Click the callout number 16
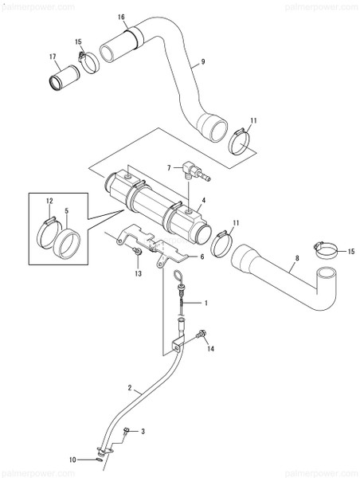pos(122,17)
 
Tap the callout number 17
pos(52,57)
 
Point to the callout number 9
pos(203,62)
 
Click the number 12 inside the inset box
pos(49,202)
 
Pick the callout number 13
pos(139,272)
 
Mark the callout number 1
pos(205,304)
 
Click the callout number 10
pos(72,460)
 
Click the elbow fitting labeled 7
pos(190,170)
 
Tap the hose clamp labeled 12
pos(49,231)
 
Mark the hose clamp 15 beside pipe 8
pos(325,253)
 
